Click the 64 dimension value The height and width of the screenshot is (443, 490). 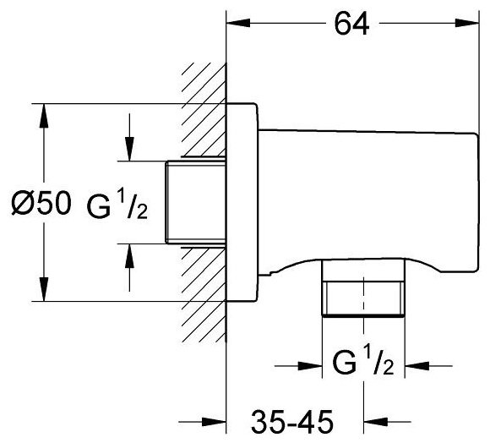tap(351, 24)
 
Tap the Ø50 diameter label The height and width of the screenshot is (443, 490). tap(41, 203)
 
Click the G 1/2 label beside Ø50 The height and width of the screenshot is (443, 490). tap(117, 205)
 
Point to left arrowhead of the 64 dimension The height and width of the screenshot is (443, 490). tap(238, 23)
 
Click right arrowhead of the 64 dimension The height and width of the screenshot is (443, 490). tap(467, 23)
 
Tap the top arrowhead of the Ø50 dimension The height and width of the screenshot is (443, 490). tap(44, 115)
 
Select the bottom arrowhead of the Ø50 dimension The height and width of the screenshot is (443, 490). tap(44, 289)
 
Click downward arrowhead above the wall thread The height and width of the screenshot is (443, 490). tap(129, 149)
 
